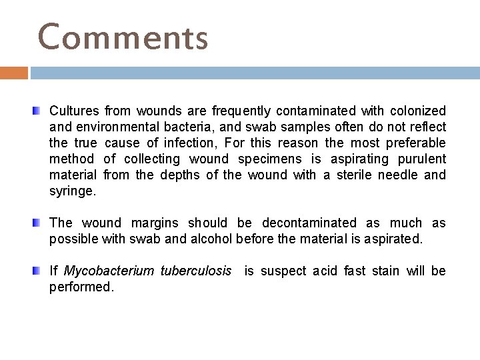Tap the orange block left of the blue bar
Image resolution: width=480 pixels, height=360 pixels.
14,73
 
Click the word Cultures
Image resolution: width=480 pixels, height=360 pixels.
75,111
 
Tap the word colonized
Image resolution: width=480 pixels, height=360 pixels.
419,111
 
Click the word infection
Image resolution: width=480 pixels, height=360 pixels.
195,143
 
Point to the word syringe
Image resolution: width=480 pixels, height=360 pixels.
73,191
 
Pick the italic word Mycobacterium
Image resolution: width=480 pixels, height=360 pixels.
109,271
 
